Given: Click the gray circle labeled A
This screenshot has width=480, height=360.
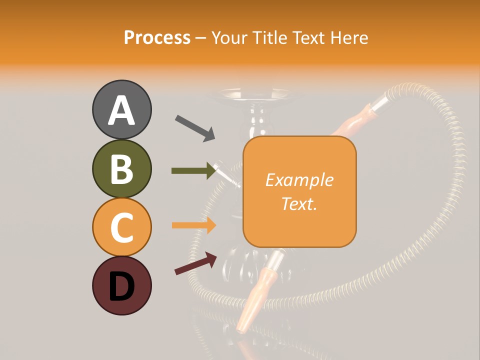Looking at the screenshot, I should pos(121,109).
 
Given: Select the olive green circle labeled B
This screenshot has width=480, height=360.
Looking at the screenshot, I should pos(121,168).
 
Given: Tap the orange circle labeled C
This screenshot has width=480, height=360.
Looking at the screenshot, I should pos(121,227).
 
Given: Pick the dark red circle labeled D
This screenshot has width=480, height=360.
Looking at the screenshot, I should pos(121,285).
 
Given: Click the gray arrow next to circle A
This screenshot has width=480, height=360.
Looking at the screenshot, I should pos(195,128).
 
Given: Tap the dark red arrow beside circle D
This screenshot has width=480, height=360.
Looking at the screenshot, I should pos(195,263).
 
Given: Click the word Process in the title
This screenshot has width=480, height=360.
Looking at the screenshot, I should pos(157,37).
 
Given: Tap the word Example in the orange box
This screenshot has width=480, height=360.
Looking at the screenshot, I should pos(299,180).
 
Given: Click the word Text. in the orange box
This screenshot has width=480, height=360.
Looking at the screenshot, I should pos(299,203).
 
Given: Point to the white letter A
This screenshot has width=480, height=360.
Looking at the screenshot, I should pos(121,110).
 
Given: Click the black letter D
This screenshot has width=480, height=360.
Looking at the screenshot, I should pos(121,286).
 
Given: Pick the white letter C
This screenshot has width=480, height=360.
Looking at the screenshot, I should pos(121,227).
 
